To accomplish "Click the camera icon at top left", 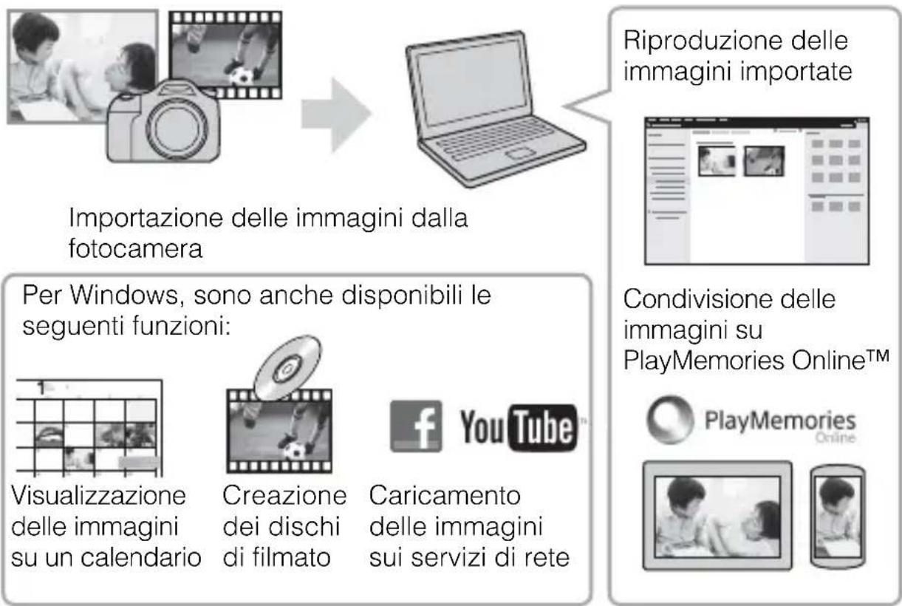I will coord(164,126).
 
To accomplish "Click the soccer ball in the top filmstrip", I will coord(239,76).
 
